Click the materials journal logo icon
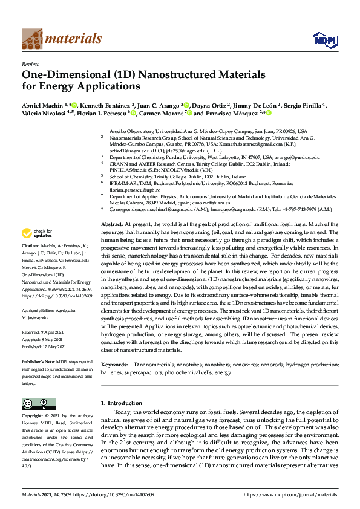coord(32,39)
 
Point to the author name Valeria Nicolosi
coord(44,114)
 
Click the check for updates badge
coord(37,233)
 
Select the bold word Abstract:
coord(113,224)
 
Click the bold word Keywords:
coord(114,365)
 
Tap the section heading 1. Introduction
coord(121,403)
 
